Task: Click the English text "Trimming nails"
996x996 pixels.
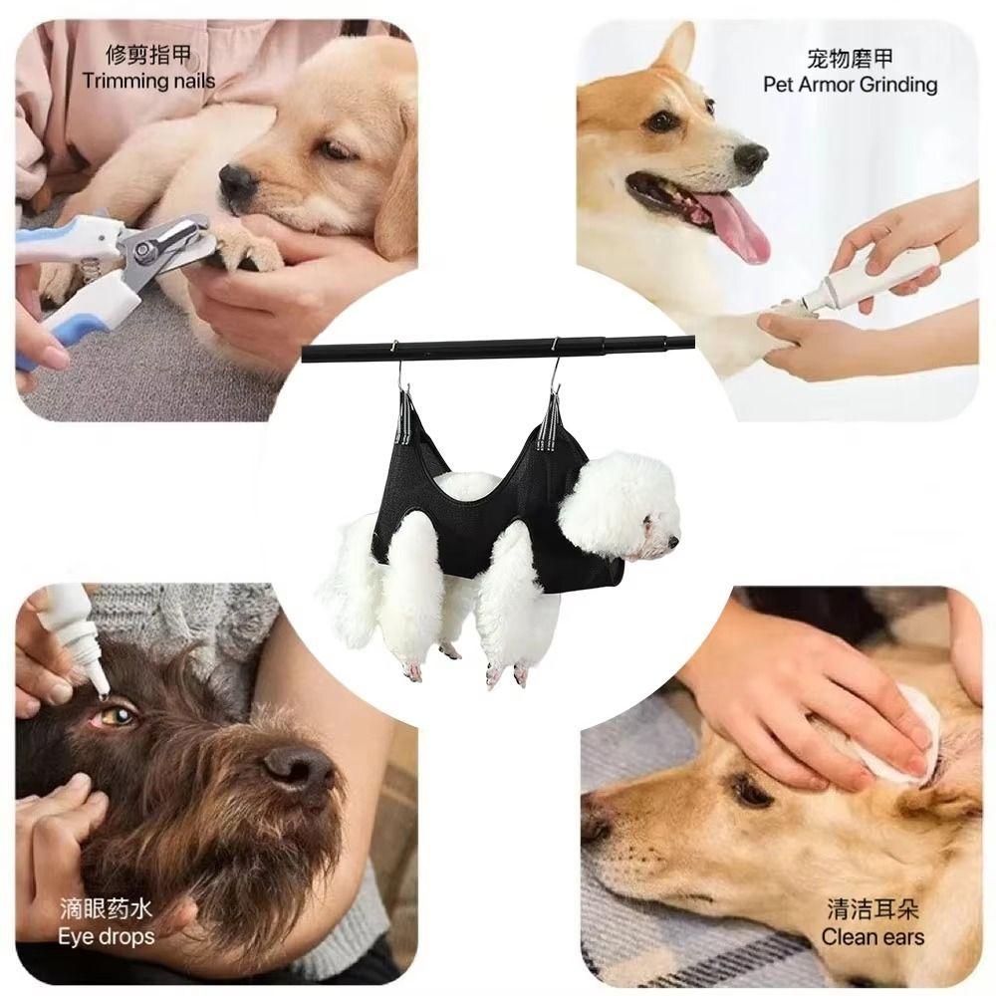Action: [148, 81]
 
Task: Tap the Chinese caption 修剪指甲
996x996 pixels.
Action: [148, 53]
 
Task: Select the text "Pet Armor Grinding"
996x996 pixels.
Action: [850, 85]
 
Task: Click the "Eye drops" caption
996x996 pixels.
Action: [106, 936]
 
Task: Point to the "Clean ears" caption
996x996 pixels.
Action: [872, 937]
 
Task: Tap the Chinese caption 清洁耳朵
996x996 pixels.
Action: [872, 909]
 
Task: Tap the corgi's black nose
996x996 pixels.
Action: [750, 157]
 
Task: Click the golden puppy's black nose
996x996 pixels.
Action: [238, 185]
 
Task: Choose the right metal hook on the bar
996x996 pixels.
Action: [554, 365]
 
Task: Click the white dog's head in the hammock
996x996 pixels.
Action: [622, 508]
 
